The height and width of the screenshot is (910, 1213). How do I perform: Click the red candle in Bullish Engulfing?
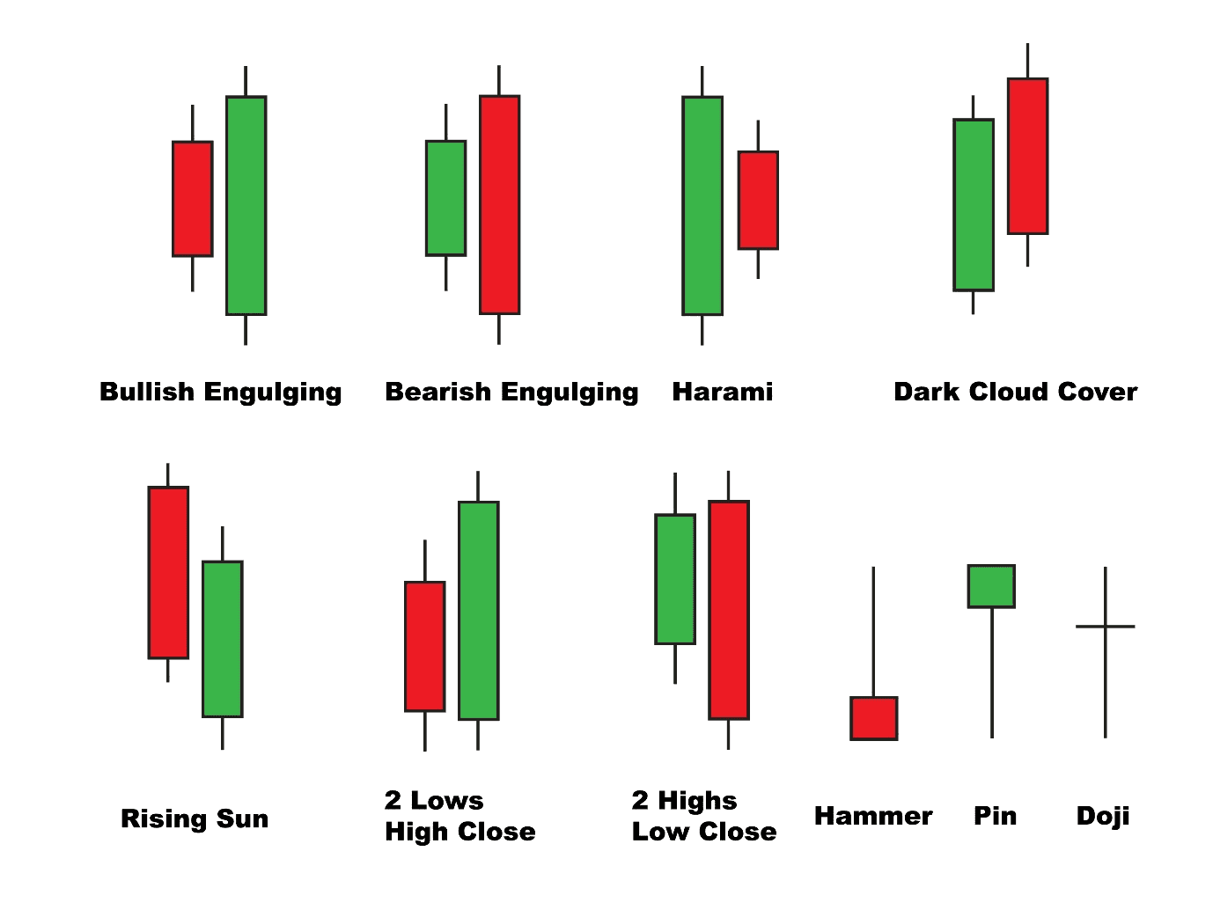pyautogui.click(x=192, y=199)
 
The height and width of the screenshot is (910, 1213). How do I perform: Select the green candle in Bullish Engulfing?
pyautogui.click(x=246, y=205)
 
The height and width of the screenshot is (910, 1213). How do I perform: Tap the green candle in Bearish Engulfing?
pyautogui.click(x=445, y=198)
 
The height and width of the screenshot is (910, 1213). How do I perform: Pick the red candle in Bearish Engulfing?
pyautogui.click(x=499, y=204)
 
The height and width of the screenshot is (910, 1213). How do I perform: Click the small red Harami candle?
pyautogui.click(x=757, y=201)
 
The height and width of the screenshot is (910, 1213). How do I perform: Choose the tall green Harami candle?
pyautogui.click(x=702, y=205)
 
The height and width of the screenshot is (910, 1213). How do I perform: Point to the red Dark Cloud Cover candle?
pyautogui.click(x=1027, y=157)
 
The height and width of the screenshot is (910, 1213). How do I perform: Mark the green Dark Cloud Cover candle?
pyautogui.click(x=973, y=204)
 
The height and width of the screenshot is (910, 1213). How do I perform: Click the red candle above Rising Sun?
pyautogui.click(x=168, y=572)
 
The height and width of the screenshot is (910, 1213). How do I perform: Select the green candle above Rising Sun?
pyautogui.click(x=222, y=639)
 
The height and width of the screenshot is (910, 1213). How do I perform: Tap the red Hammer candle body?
pyautogui.click(x=873, y=718)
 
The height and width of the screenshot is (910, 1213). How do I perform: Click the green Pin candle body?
pyautogui.click(x=991, y=586)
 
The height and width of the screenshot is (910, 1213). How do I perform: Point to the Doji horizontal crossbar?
pyautogui.click(x=1105, y=627)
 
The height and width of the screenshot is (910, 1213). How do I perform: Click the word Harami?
pyautogui.click(x=722, y=392)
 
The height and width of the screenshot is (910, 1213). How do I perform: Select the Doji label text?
pyautogui.click(x=1102, y=817)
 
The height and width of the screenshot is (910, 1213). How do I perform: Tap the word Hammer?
pyautogui.click(x=872, y=817)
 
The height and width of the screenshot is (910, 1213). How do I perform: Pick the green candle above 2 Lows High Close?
pyautogui.click(x=478, y=611)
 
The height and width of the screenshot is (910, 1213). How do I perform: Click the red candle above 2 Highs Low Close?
pyautogui.click(x=728, y=610)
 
